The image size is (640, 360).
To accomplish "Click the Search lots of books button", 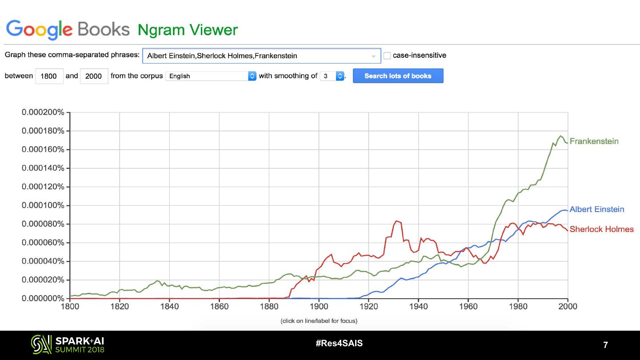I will tap(398, 76).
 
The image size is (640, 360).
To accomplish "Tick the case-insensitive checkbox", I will tap(387, 56).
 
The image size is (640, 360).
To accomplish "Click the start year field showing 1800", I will tap(49, 76).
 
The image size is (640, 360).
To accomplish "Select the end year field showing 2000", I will tap(94, 76).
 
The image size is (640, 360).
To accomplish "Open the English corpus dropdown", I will tap(211, 76).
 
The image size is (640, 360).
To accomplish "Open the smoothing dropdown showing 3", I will tap(332, 76).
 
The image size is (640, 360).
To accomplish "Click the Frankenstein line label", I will tap(594, 141).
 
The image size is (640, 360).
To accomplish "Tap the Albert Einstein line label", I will tap(596, 209).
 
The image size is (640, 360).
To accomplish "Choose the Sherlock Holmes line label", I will tap(601, 229).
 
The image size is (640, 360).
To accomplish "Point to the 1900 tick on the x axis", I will tap(319, 307).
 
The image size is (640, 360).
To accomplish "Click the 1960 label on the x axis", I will tap(468, 307).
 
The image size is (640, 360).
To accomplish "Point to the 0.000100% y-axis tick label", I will tap(43, 205).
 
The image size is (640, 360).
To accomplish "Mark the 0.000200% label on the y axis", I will tap(43, 112).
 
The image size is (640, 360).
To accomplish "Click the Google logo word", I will tap(39, 29).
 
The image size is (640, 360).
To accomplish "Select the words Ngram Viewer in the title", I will tap(188, 30).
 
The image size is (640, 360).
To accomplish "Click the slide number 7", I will tap(605, 345).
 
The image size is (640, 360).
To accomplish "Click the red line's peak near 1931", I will tap(396, 221).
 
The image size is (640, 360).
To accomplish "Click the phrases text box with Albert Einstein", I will tap(258, 56).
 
